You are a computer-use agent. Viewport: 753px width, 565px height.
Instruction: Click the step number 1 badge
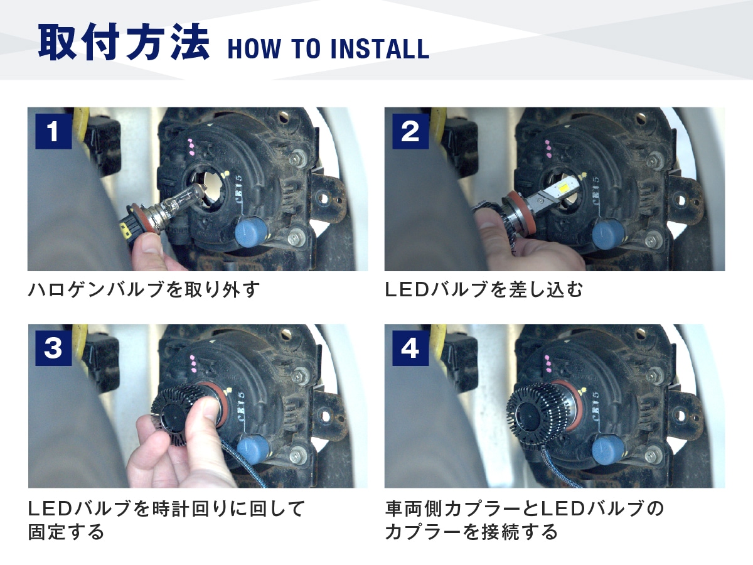coord(53,131)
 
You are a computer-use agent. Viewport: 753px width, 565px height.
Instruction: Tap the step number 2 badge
coord(410,131)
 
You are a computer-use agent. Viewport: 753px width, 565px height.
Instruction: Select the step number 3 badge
coord(53,348)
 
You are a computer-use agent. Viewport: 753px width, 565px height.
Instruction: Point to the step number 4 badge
coord(410,348)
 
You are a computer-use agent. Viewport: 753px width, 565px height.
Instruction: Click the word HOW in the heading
coord(254,49)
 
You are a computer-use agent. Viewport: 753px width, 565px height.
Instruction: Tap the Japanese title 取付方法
coord(124,42)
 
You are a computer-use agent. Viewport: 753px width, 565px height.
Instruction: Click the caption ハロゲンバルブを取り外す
coord(144,289)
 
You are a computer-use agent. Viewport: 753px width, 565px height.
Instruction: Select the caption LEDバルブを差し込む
coord(484,289)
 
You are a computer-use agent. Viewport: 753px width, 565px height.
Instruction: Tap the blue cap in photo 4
coord(608,448)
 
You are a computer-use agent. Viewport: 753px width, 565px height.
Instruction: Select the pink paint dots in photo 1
coord(191,147)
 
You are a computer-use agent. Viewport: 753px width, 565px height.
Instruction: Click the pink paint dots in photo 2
coord(548,149)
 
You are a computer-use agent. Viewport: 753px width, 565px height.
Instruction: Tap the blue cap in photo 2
coord(608,234)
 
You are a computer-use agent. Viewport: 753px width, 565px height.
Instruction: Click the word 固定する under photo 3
coord(66,532)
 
